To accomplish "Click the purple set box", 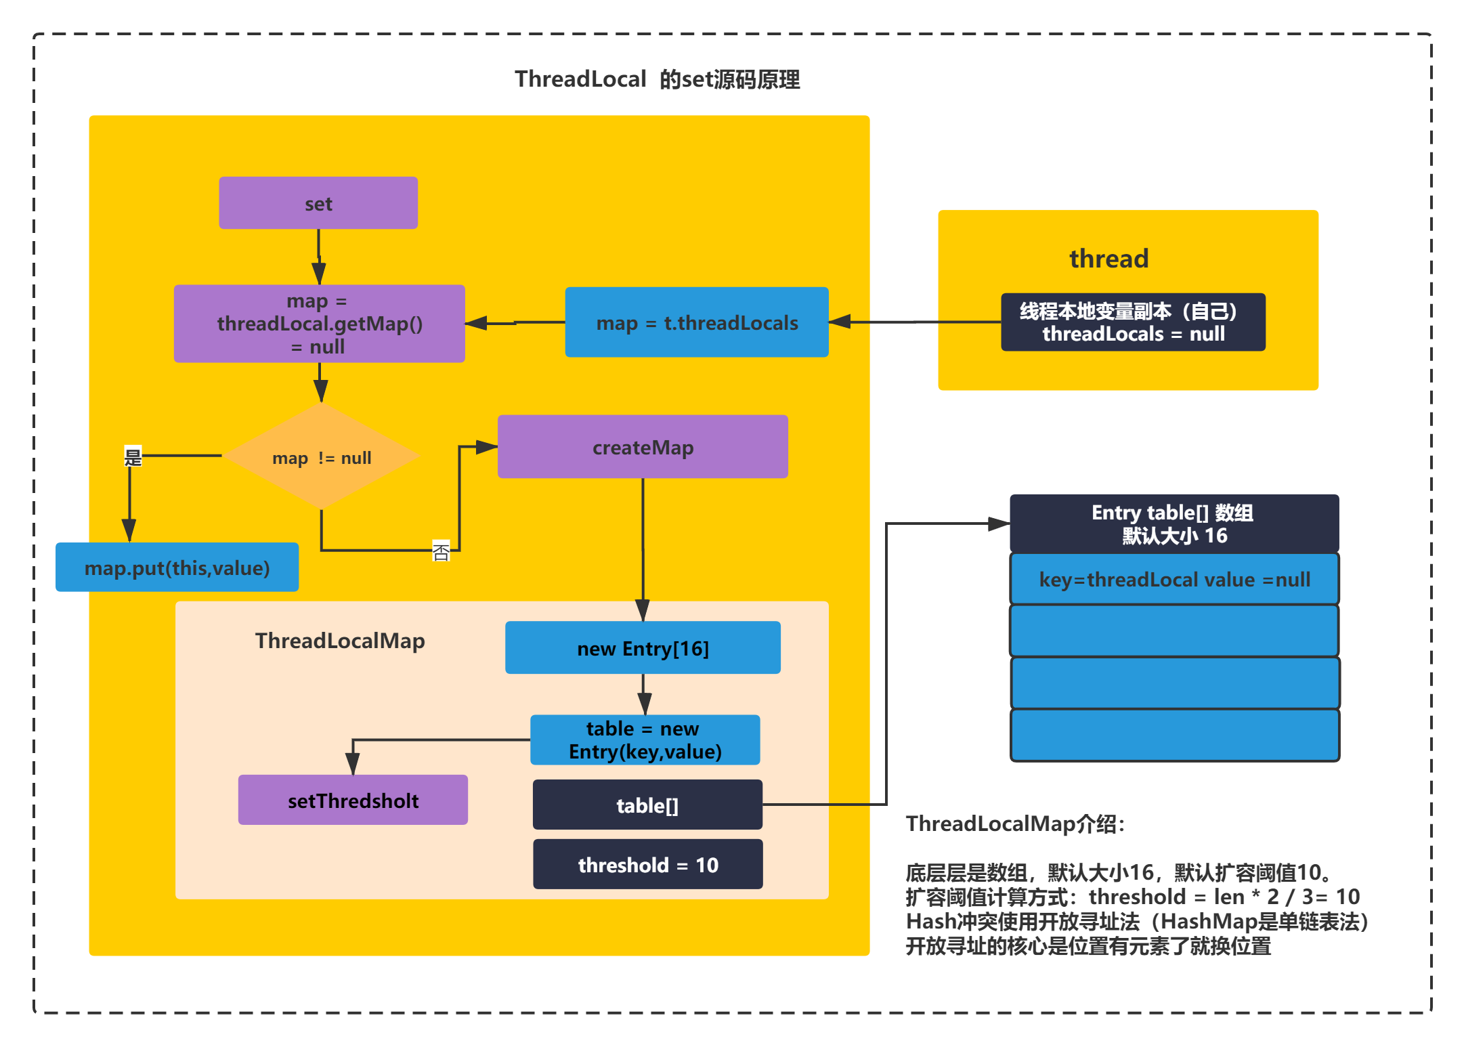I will coord(318,203).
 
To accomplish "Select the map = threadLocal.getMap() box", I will coord(319,324).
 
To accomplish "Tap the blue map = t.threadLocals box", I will coord(697,322).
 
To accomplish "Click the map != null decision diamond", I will coord(322,457).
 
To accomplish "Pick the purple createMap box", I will coord(643,447).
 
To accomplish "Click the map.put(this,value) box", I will coord(177,568).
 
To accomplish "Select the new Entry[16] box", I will coord(643,648).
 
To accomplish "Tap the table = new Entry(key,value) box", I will coord(645,740).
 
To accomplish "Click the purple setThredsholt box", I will coord(353,800).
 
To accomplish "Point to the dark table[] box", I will coord(647,805).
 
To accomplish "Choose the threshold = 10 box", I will coord(647,864).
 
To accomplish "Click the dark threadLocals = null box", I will coord(1133,322).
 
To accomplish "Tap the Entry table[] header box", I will coord(1174,523).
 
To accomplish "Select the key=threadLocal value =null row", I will coord(1174,580).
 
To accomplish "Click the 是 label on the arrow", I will coord(133,457).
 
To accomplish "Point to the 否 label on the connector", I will coord(441,551).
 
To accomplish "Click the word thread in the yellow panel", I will coord(1108,259).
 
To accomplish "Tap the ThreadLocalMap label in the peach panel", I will coord(340,641).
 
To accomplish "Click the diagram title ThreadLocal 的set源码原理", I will coord(657,79).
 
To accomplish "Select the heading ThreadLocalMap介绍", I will coord(1015,824).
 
